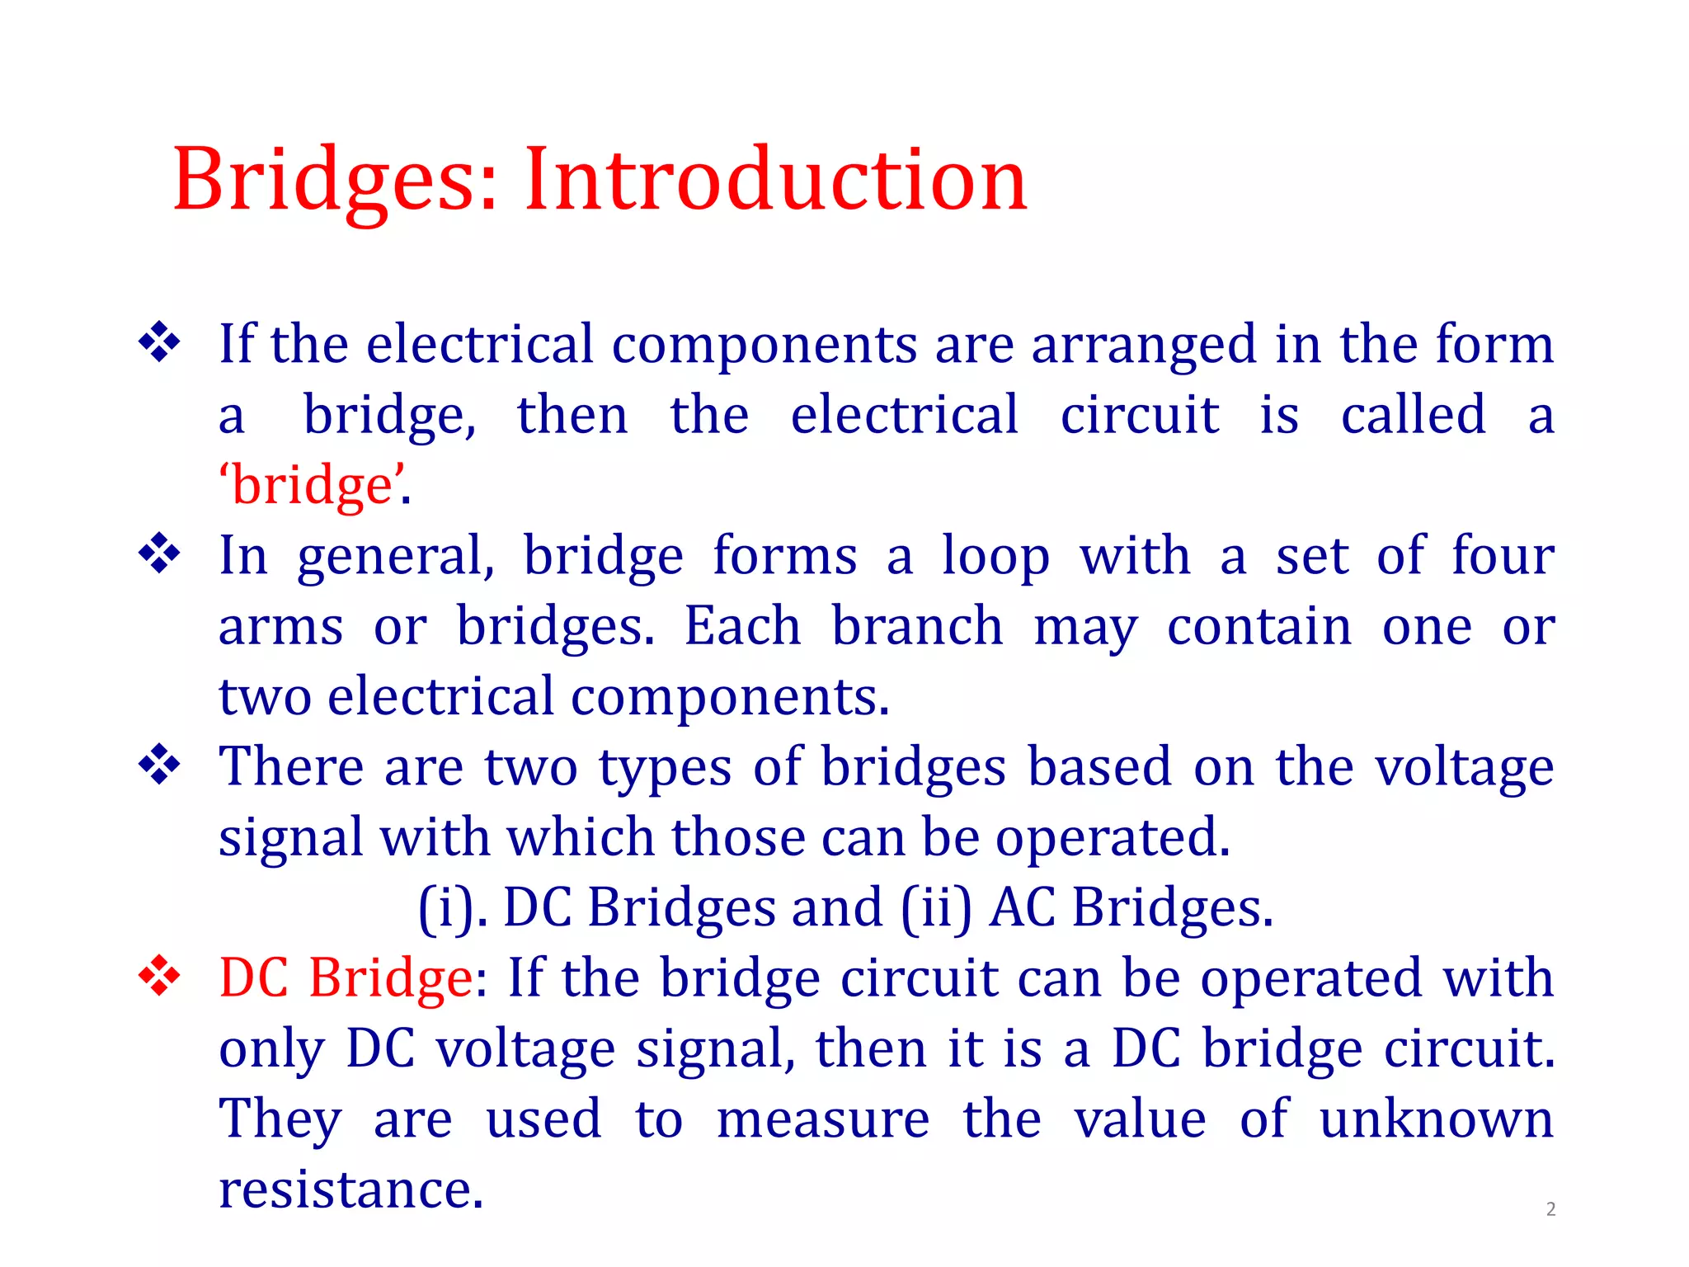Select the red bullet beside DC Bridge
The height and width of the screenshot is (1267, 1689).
pyautogui.click(x=159, y=977)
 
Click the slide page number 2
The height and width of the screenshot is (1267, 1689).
pyautogui.click(x=1550, y=1209)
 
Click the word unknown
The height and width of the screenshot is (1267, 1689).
pyautogui.click(x=1436, y=1120)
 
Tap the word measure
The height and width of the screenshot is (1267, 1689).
pyautogui.click(x=822, y=1120)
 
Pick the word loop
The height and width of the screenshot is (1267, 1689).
pyautogui.click(x=995, y=557)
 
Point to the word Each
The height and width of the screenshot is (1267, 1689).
pyautogui.click(x=742, y=626)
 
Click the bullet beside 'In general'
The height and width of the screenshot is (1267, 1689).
pyautogui.click(x=159, y=554)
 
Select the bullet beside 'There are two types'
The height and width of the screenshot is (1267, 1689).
pyautogui.click(x=159, y=765)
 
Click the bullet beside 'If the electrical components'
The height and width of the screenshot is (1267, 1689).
pyautogui.click(x=159, y=342)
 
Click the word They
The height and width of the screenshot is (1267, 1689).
pyautogui.click(x=280, y=1120)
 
